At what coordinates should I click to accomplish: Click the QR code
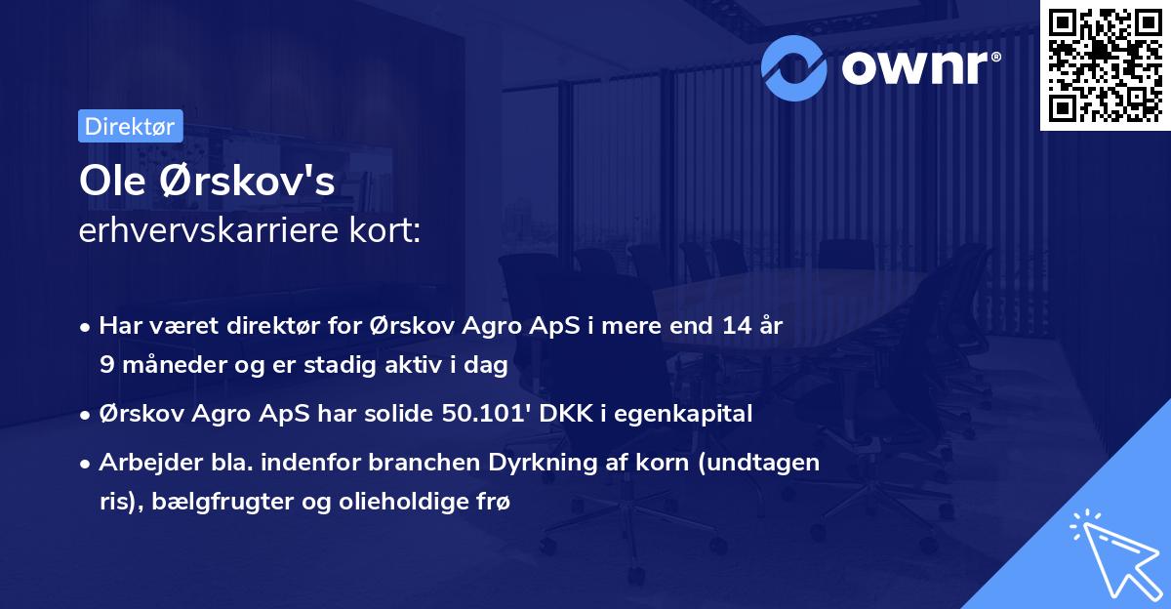[x=1105, y=65]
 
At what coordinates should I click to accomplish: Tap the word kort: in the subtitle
[x=388, y=232]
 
